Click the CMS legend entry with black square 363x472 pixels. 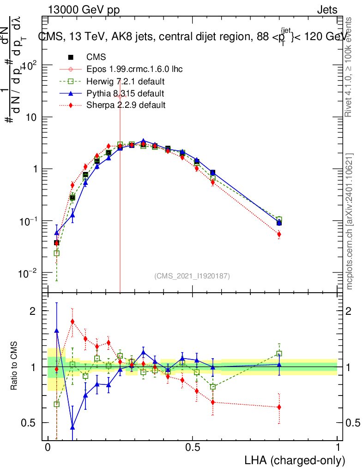[96, 57]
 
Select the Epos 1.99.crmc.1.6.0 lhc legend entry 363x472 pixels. [134, 69]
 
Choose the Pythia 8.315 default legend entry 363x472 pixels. [125, 94]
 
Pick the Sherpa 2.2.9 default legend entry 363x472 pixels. [126, 106]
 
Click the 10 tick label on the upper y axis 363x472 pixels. [30, 117]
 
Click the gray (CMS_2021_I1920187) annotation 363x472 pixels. [192, 276]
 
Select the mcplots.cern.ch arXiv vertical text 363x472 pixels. [350, 221]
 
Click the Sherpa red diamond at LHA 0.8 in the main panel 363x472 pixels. [279, 234]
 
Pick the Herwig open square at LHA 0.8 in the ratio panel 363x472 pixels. [279, 354]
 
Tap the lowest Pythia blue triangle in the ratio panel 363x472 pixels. [73, 427]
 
